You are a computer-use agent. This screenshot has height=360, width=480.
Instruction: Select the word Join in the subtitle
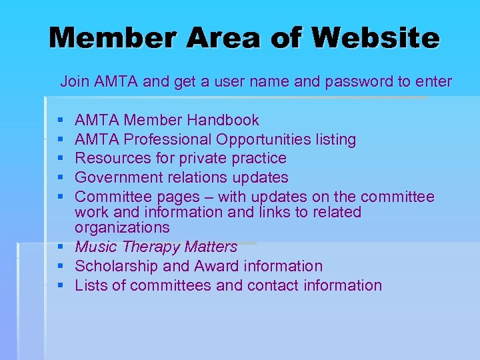(x=74, y=82)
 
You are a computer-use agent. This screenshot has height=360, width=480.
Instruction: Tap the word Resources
(x=109, y=159)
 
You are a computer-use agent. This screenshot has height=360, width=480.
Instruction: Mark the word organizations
(x=122, y=227)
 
